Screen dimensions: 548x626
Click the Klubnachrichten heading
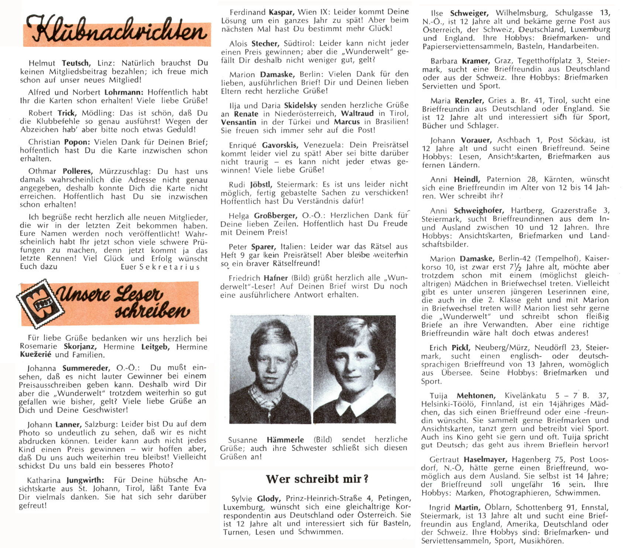coord(117,30)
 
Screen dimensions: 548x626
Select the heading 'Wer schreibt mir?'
coord(317,479)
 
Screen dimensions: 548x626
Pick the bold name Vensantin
coord(238,122)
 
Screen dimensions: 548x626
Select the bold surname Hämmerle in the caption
coord(285,440)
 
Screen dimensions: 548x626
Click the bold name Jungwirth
coord(85,480)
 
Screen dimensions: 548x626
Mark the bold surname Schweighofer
coord(478,211)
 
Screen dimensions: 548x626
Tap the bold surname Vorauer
coord(476,140)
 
